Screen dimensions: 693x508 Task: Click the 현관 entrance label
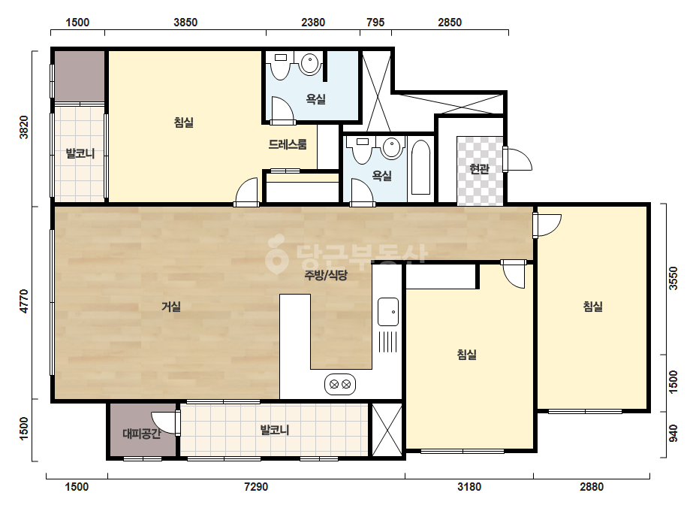tap(479, 168)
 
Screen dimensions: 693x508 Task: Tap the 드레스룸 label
tap(288, 144)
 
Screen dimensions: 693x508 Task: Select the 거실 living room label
tap(170, 306)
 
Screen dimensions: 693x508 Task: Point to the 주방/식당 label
tap(326, 275)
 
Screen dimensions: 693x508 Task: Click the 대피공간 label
tap(141, 434)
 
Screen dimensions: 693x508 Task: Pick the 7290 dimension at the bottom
tap(256, 487)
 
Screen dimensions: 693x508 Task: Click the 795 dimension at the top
tap(375, 22)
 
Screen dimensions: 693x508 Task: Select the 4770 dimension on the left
tap(24, 301)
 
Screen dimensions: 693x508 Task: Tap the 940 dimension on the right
tap(673, 433)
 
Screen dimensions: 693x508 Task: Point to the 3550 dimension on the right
tap(673, 278)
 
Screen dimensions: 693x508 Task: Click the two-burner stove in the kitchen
tap(340, 384)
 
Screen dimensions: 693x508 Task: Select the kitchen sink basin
tap(388, 312)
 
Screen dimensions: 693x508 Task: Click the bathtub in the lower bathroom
tap(420, 168)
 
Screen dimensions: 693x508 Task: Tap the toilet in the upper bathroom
tap(280, 65)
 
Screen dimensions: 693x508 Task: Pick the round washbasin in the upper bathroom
tap(310, 63)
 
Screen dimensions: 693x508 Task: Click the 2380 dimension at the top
tap(313, 22)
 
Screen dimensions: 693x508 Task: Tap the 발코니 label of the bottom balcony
tap(275, 430)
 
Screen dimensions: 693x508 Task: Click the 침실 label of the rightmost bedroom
tap(592, 306)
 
